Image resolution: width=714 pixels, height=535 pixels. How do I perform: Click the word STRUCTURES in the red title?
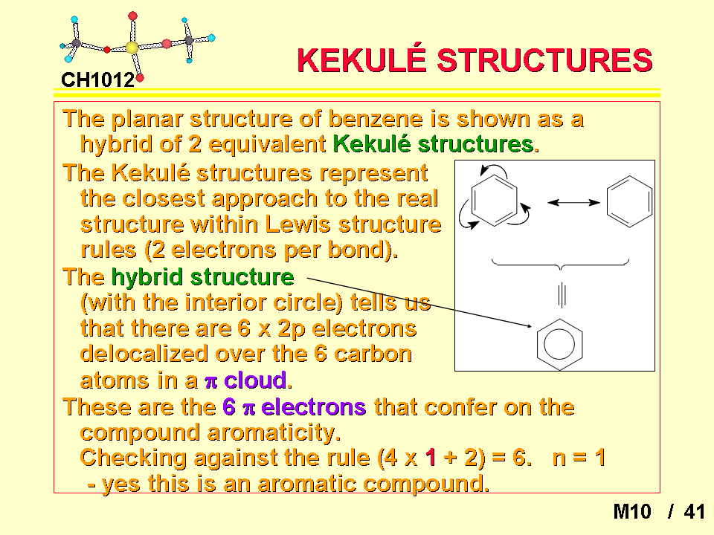click(545, 60)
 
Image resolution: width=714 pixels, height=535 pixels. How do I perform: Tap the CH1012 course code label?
click(98, 80)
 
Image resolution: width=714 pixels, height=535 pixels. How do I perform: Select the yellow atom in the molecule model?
click(132, 48)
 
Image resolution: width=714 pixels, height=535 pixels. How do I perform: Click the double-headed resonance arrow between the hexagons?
click(573, 202)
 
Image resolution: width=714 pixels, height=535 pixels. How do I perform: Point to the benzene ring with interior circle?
click(537, 345)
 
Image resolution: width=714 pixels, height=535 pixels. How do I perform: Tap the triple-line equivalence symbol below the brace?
click(562, 295)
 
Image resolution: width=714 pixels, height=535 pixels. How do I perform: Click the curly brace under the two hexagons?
click(561, 264)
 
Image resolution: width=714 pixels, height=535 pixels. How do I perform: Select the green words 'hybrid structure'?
click(202, 277)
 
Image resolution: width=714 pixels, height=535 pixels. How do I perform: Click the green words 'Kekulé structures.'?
click(436, 144)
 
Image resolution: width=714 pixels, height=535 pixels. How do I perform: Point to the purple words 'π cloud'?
click(248, 380)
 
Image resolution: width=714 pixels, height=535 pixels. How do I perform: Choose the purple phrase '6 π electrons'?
click(295, 406)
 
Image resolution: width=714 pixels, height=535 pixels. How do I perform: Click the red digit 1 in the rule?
click(431, 458)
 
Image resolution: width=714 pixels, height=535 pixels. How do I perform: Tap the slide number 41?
click(694, 512)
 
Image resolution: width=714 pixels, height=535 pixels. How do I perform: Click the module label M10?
click(632, 512)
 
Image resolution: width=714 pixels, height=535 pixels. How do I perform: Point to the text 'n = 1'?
click(579, 458)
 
